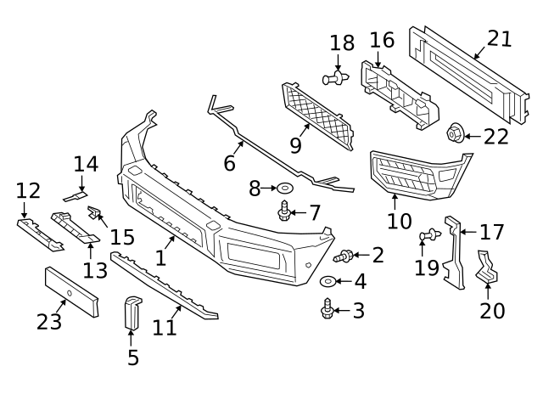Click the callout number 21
pos(500,37)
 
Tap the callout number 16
pos(382,39)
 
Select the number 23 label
pos(49,323)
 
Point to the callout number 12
pos(28,191)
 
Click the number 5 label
pos(133,358)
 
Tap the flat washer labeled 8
pos(285,187)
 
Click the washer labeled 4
pos(327,281)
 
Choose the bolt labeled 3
pos(327,311)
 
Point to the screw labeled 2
pos(346,255)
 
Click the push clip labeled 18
pos(338,79)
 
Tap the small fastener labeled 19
pos(427,234)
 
